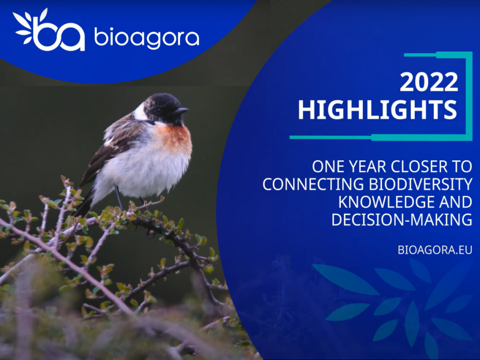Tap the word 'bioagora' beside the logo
[x=147, y=38]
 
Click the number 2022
[x=429, y=82]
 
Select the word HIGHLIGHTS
[x=377, y=110]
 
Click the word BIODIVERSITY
[x=420, y=184]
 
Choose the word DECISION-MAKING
[x=402, y=220]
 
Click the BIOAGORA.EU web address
[x=435, y=250]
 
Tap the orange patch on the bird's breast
[x=173, y=138]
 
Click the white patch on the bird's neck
[x=140, y=112]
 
